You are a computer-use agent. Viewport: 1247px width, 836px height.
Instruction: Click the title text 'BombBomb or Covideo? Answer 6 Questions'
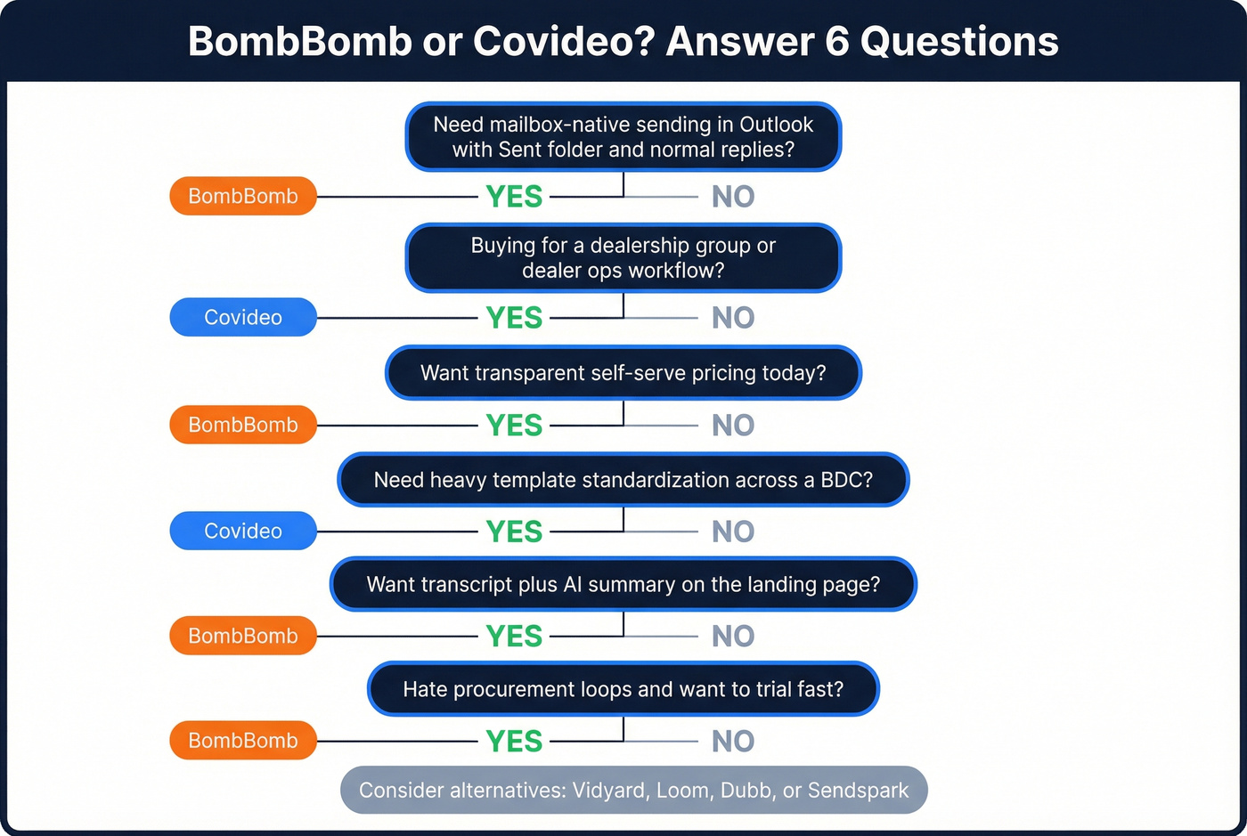point(623,41)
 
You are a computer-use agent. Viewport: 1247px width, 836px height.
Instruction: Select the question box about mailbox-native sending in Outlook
point(623,137)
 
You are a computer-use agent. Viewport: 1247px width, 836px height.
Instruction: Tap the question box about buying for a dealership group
point(623,258)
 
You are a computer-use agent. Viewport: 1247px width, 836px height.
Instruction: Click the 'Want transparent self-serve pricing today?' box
point(623,373)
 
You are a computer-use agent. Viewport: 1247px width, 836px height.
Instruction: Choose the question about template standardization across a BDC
point(623,480)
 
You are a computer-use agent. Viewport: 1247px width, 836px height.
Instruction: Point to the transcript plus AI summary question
point(623,584)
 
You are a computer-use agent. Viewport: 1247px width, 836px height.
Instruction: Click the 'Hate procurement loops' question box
point(623,689)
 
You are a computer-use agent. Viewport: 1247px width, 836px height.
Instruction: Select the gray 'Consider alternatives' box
point(633,791)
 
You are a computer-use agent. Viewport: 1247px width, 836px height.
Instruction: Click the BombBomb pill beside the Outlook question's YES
point(243,196)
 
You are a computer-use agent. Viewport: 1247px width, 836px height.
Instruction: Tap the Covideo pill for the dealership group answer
point(243,317)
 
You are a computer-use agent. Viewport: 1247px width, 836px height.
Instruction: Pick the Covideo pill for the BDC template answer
point(243,531)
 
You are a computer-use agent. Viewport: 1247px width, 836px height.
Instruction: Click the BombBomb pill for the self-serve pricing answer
point(243,425)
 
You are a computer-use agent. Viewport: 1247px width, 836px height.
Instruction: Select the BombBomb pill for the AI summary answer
point(243,636)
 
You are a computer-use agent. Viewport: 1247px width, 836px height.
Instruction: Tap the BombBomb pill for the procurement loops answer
point(243,741)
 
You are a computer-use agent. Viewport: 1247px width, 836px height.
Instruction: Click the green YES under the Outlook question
point(514,197)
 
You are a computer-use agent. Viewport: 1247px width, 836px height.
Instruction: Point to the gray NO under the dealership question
point(733,318)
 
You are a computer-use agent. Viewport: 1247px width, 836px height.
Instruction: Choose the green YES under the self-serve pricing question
point(514,426)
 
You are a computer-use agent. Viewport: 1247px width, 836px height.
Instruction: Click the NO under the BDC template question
point(733,532)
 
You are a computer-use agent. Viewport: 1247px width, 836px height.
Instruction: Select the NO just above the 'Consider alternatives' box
point(733,742)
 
